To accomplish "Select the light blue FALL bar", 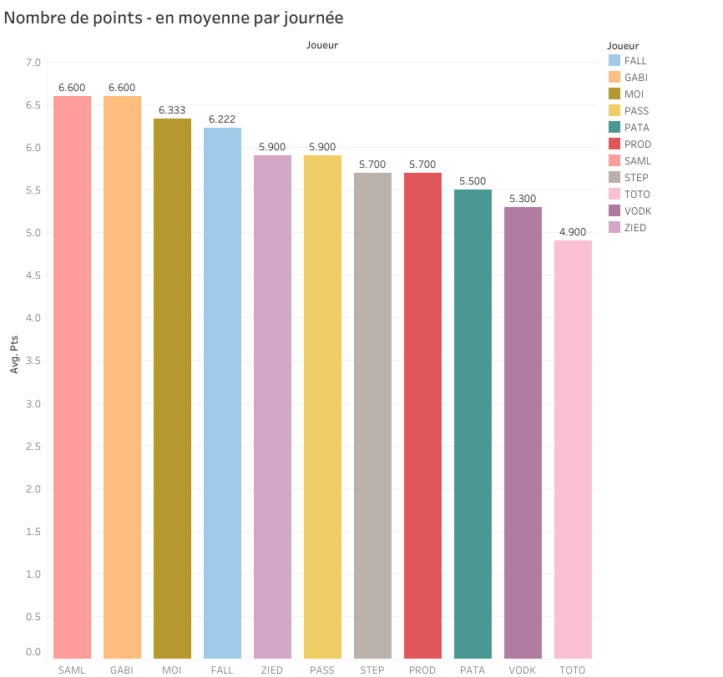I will pyautogui.click(x=222, y=392).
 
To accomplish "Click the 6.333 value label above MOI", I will pyautogui.click(x=172, y=110).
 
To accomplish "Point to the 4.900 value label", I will pyautogui.click(x=573, y=232).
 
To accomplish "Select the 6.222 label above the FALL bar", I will pyautogui.click(x=222, y=119).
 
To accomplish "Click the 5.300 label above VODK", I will pyautogui.click(x=523, y=199).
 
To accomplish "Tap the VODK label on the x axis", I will pyautogui.click(x=523, y=669).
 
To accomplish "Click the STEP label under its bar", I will pyautogui.click(x=372, y=669).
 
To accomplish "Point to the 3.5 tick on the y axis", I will pyautogui.click(x=33, y=361).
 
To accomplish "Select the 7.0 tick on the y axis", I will pyautogui.click(x=33, y=63).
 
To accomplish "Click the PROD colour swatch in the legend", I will pyautogui.click(x=614, y=144).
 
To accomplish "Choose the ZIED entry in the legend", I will pyautogui.click(x=635, y=228).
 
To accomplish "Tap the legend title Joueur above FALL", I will pyautogui.click(x=624, y=46).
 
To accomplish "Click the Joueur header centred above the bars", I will pyautogui.click(x=322, y=45).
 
